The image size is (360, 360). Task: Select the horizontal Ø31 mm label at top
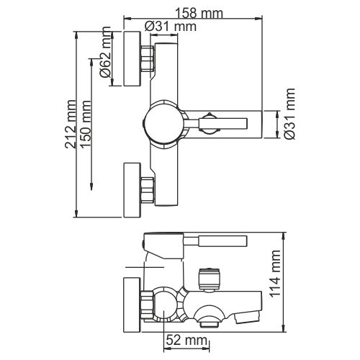(171, 26)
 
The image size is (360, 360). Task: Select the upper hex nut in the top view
(148, 58)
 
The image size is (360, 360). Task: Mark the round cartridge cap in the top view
(165, 122)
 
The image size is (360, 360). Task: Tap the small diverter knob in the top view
(209, 122)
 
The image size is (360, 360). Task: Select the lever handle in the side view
(216, 240)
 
